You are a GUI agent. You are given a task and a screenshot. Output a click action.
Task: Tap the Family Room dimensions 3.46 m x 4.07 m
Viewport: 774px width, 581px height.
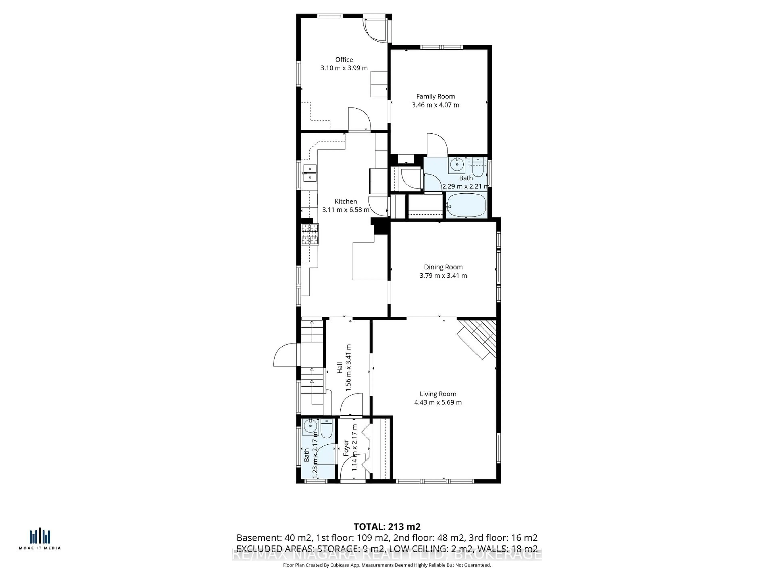pos(435,105)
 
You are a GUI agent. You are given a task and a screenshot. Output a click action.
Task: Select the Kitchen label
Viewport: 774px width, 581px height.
pos(346,201)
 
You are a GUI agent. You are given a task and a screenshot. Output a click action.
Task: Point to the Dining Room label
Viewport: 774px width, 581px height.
pos(443,267)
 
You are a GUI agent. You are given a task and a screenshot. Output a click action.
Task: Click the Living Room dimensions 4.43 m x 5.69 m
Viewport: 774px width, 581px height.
pos(438,403)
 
